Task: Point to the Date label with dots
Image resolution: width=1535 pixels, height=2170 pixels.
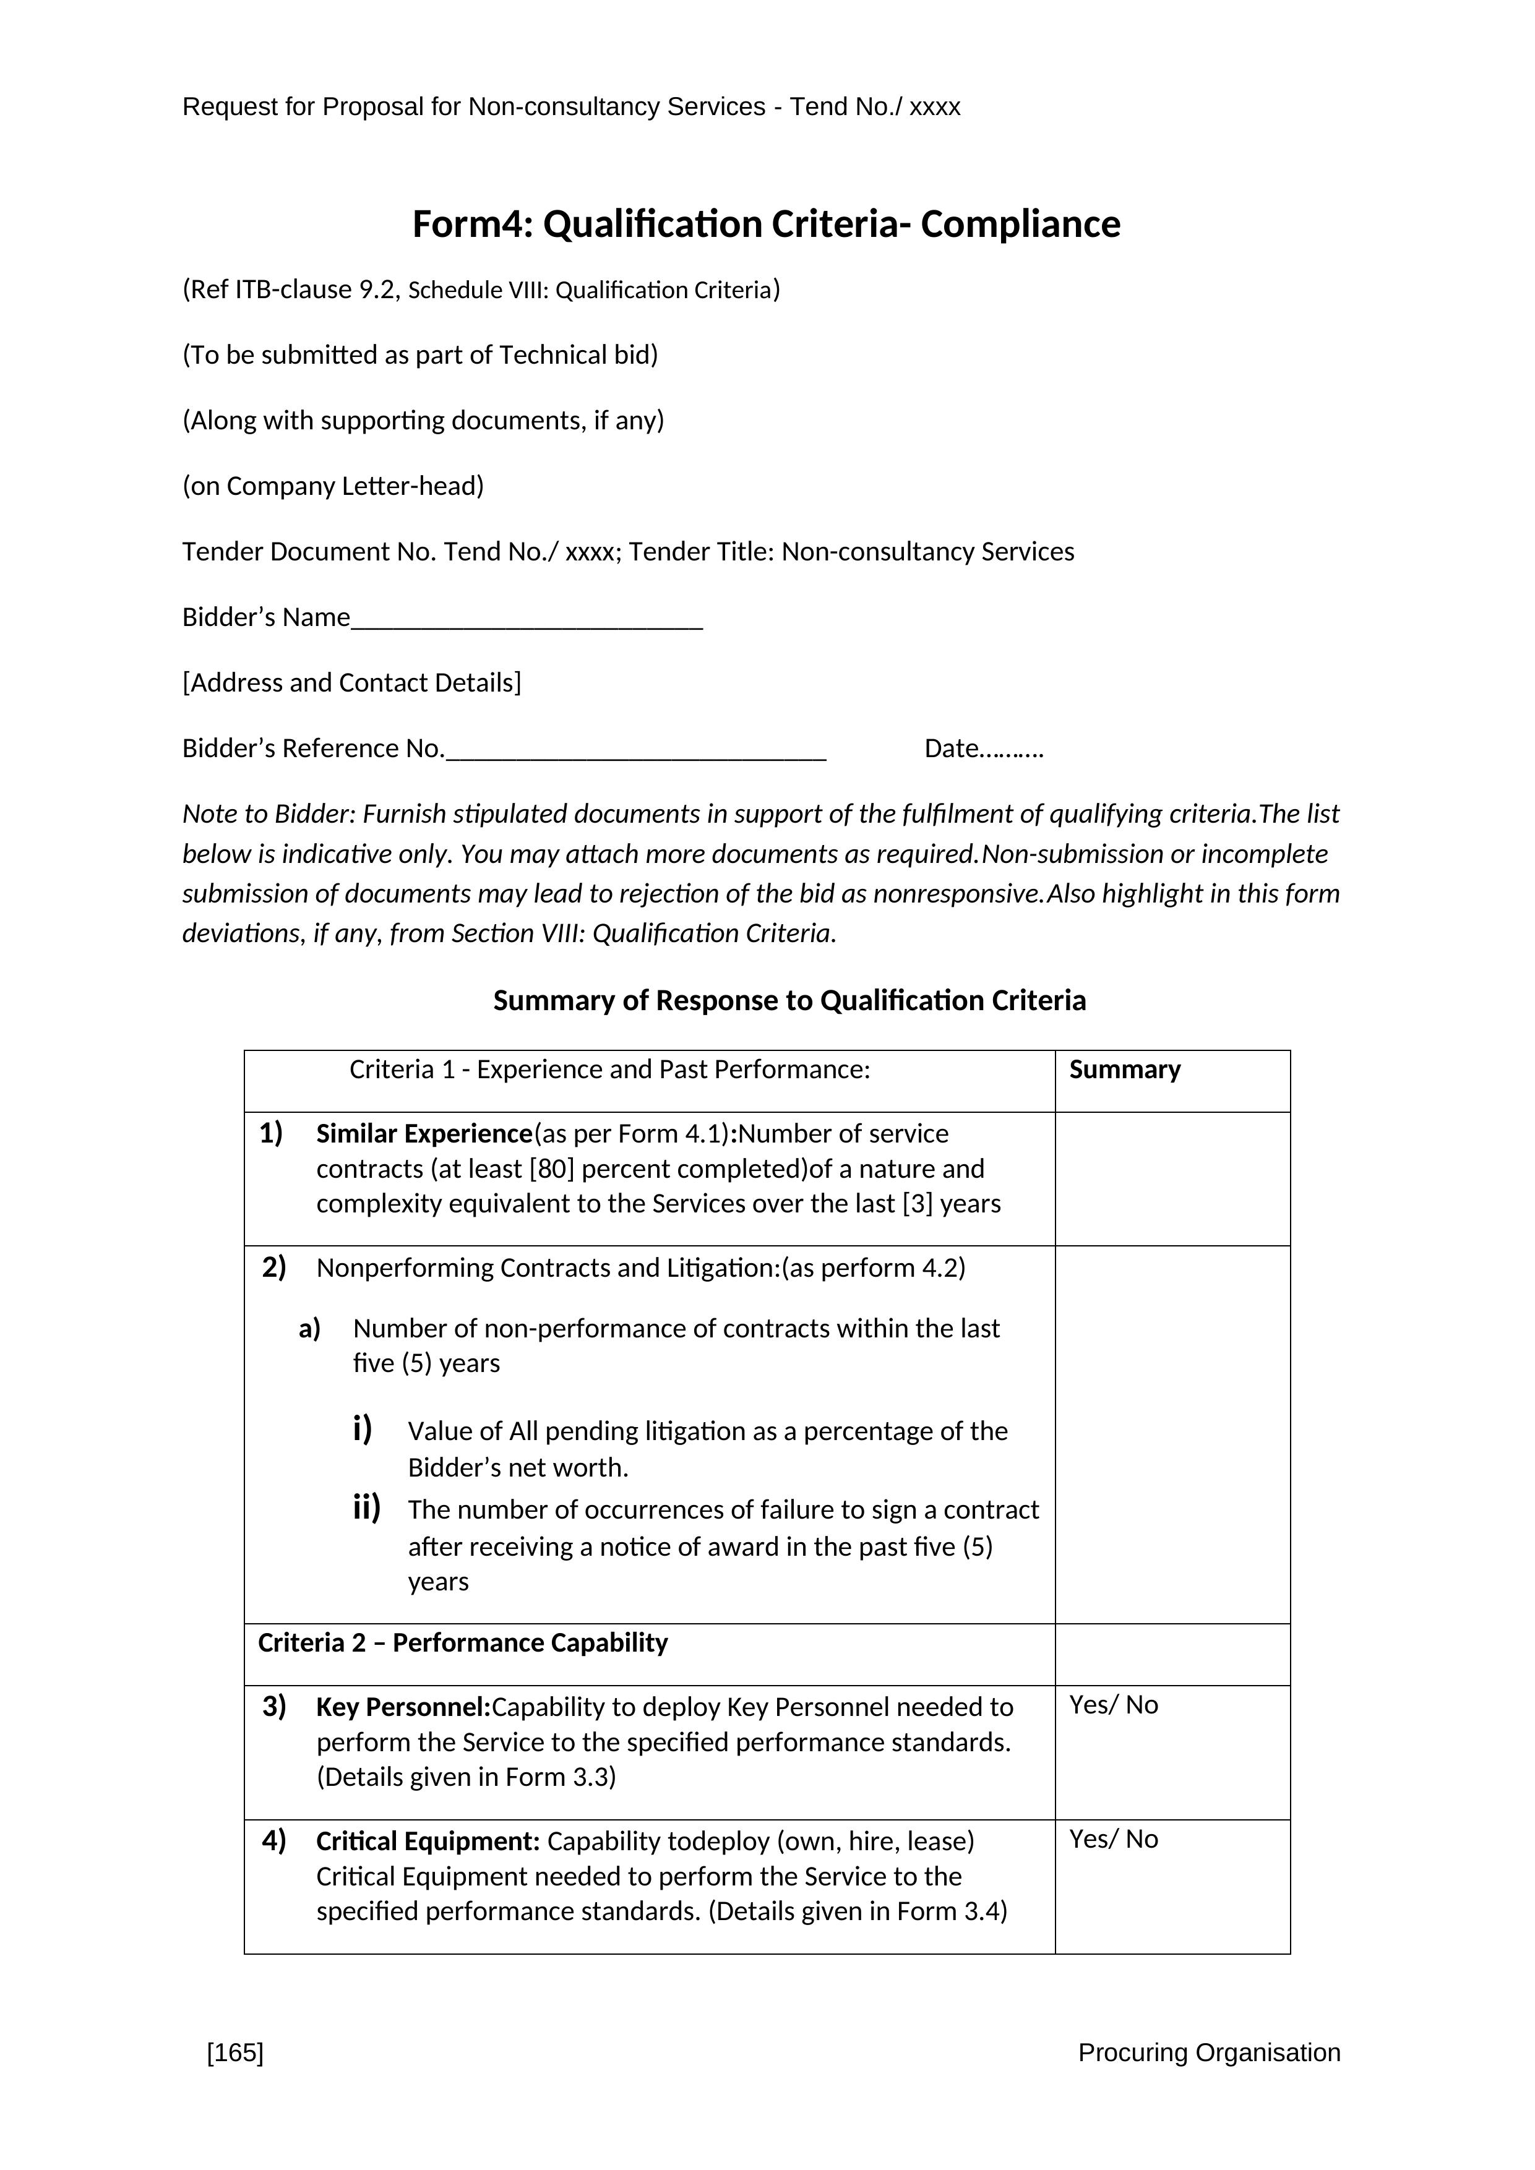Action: coord(983,748)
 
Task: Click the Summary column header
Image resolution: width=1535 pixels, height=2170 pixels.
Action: coord(1125,1070)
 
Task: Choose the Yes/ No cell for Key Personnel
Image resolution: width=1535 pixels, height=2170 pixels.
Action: coord(1114,1705)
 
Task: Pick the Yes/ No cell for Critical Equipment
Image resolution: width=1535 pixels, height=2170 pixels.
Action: coord(1114,1839)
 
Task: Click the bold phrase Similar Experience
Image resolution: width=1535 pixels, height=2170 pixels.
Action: coord(424,1134)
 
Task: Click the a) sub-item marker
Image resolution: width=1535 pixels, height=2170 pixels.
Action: coord(310,1329)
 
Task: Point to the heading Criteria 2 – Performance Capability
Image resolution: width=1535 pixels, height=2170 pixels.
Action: coord(463,1642)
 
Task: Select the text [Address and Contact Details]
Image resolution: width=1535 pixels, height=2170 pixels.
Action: coord(351,682)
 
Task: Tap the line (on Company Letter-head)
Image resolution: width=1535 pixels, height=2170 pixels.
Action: coord(333,486)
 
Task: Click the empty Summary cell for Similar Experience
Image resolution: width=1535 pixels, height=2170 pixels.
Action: coord(1172,1178)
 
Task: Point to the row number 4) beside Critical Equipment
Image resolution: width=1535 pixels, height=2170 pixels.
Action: coord(274,1840)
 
